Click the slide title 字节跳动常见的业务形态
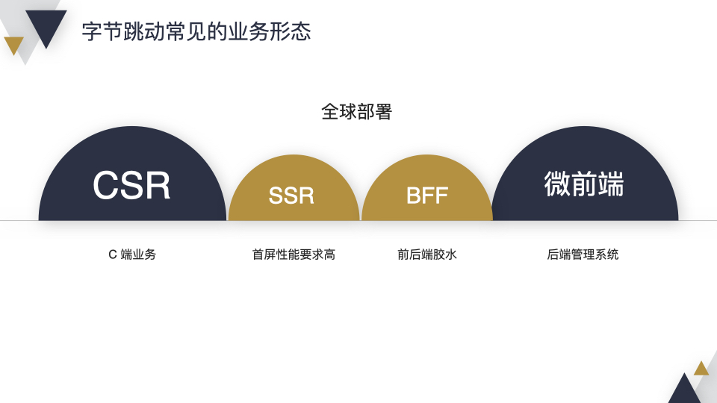(196, 32)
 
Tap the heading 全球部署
(356, 112)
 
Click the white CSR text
(131, 186)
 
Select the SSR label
(291, 196)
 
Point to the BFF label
(426, 196)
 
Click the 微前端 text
(583, 184)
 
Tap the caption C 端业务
(132, 254)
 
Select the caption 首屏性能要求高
(294, 254)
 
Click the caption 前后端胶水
(426, 254)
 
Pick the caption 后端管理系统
(583, 254)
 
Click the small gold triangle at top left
(13, 44)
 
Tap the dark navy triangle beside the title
(46, 26)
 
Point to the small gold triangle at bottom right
(701, 369)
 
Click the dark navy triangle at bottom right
(683, 391)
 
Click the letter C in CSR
(107, 186)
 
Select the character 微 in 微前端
(557, 184)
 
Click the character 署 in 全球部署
(383, 112)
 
